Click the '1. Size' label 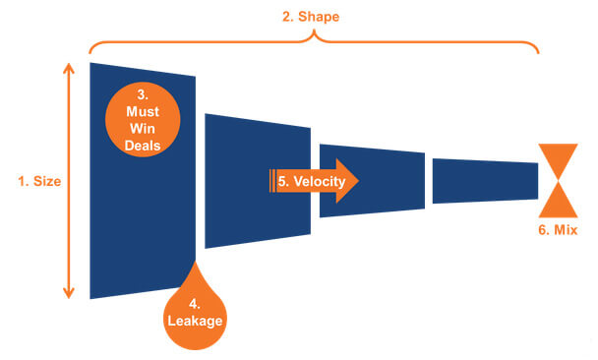coord(39,181)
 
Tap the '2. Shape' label coord(314,15)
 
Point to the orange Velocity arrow coord(315,182)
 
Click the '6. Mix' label coord(557,231)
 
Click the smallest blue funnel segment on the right coord(484,181)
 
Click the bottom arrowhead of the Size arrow coord(69,293)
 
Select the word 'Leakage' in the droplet coord(195,321)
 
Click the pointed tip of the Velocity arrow coord(358,182)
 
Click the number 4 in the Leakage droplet coord(195,303)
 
